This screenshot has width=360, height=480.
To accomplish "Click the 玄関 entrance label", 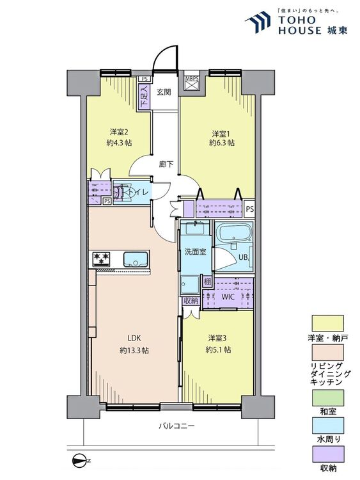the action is pyautogui.click(x=164, y=92).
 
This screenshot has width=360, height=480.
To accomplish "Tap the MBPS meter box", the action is pyautogui.click(x=192, y=84).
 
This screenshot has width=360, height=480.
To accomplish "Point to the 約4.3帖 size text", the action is pyautogui.click(x=120, y=143).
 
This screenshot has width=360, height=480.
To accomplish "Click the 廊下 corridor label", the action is pyautogui.click(x=166, y=164).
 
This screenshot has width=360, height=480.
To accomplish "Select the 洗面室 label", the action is pyautogui.click(x=195, y=252).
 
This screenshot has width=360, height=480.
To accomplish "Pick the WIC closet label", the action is pyautogui.click(x=228, y=297).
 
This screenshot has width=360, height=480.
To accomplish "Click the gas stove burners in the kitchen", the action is pyautogui.click(x=101, y=259).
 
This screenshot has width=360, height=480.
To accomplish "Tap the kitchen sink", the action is pyautogui.click(x=136, y=259).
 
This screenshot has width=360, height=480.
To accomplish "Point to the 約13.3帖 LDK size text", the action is pyautogui.click(x=134, y=350).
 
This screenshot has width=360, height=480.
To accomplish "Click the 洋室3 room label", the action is pyautogui.click(x=217, y=338).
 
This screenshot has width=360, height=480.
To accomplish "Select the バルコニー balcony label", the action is pyautogui.click(x=176, y=426).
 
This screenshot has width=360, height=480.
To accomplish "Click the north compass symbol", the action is pyautogui.click(x=81, y=460).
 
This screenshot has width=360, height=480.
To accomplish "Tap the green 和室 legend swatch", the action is pyautogui.click(x=327, y=397).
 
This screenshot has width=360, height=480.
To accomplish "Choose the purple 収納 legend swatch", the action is pyautogui.click(x=327, y=454).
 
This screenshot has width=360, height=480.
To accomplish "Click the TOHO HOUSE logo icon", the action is pyautogui.click(x=258, y=22).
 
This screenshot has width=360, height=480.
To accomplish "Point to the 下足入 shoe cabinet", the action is pyautogui.click(x=145, y=96).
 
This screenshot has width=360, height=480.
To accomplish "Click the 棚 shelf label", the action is pyautogui.click(x=207, y=281).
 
